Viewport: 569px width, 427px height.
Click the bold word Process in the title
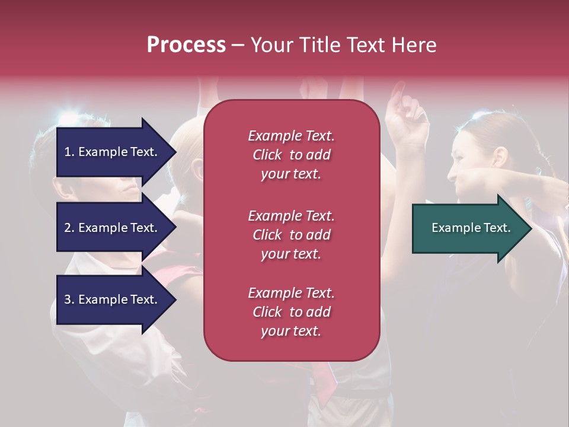point(186,45)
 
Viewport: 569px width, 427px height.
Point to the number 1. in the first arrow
point(69,152)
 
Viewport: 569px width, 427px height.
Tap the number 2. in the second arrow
point(69,228)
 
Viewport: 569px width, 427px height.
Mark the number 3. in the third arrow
point(69,299)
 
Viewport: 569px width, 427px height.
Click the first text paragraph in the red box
point(291,155)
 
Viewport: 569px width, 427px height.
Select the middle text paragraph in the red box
point(291,235)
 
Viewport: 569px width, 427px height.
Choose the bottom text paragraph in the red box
point(291,312)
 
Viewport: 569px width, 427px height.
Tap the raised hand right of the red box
point(405,116)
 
